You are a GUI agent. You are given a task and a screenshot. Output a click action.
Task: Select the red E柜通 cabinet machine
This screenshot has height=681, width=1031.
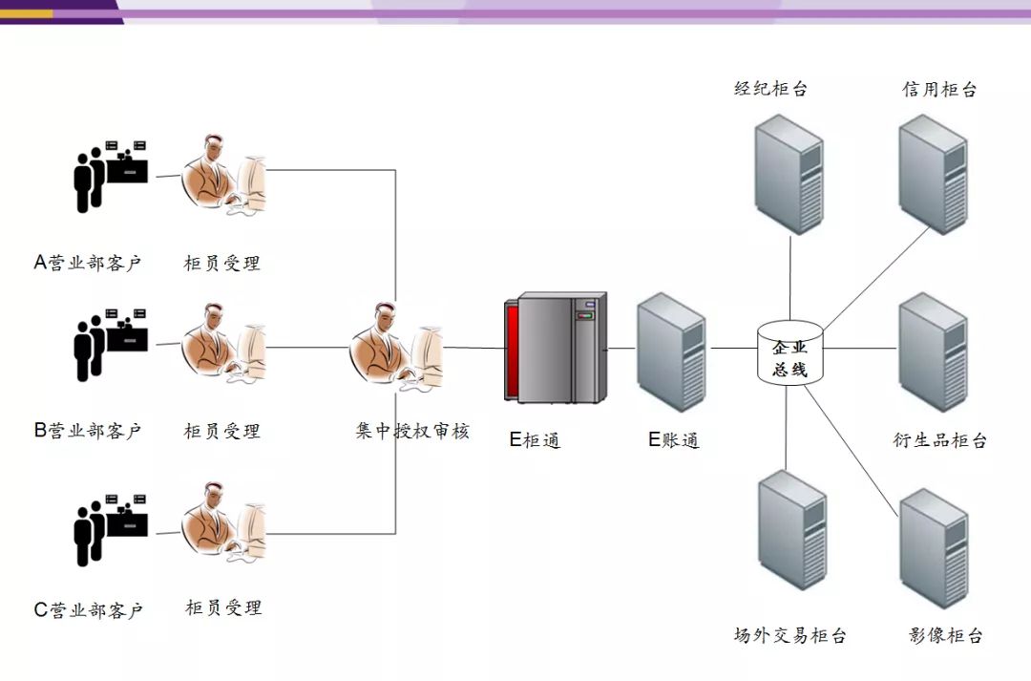555,349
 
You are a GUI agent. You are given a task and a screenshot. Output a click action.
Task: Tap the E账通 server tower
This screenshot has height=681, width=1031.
671,352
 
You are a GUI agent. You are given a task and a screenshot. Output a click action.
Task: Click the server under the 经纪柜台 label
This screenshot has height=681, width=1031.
789,174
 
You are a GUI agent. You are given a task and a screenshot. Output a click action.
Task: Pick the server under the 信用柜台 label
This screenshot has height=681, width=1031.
933,174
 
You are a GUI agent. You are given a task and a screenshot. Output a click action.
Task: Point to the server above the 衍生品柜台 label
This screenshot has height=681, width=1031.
933,351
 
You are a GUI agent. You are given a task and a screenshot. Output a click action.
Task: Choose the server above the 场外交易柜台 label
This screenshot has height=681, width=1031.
792,530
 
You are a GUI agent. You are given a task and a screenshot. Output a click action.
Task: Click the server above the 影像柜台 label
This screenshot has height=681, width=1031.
934,547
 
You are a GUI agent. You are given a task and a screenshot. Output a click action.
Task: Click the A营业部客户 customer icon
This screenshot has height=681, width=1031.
111,176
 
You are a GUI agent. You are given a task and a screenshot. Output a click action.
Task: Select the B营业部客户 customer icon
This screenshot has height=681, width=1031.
111,345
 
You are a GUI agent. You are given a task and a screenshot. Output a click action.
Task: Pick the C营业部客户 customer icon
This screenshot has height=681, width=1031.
111,530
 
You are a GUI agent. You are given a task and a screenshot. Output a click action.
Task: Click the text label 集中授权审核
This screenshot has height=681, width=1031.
412,431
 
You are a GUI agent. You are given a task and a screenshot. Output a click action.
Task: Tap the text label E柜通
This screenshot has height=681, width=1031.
535,440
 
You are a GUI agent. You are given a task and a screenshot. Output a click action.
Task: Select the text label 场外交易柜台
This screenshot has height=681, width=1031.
789,635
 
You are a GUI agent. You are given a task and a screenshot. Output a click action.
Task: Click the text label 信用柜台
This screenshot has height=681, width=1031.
939,90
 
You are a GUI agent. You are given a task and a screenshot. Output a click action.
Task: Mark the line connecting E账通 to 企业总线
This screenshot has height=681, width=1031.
731,349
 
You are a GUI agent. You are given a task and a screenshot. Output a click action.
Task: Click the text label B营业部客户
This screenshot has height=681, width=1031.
88,431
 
